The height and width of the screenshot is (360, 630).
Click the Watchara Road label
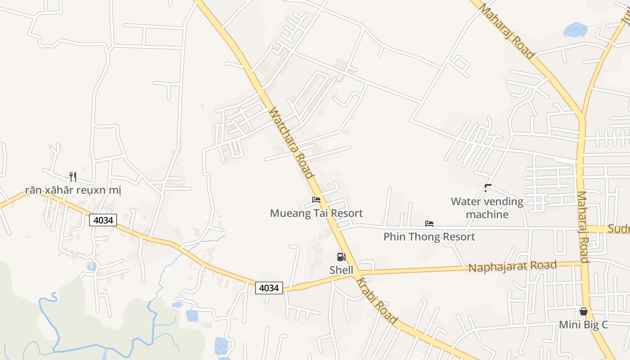click(x=291, y=143)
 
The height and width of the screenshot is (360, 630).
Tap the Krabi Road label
click(x=377, y=301)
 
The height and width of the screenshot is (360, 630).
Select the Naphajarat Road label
click(x=513, y=266)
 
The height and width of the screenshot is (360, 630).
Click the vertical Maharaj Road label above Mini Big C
click(x=583, y=227)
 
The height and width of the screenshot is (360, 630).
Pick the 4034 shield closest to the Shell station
click(x=269, y=288)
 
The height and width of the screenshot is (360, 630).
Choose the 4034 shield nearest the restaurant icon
click(x=103, y=220)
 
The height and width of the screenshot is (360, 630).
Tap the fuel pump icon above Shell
click(x=342, y=257)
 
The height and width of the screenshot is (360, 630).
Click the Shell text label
click(x=342, y=270)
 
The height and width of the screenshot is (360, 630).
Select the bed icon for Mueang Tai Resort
click(x=316, y=199)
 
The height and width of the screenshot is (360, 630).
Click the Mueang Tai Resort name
click(x=316, y=213)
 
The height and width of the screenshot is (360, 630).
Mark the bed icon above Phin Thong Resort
click(x=429, y=223)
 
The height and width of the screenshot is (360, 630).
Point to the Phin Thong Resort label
click(x=429, y=237)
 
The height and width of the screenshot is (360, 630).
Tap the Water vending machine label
click(x=487, y=207)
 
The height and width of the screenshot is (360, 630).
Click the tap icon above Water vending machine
click(x=487, y=187)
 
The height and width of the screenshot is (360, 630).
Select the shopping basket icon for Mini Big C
click(x=584, y=311)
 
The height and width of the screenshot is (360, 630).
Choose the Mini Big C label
click(x=584, y=324)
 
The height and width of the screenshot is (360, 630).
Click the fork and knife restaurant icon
click(x=73, y=176)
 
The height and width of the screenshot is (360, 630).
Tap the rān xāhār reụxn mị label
click(x=73, y=190)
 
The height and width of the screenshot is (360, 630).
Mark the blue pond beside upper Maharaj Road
click(x=575, y=29)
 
